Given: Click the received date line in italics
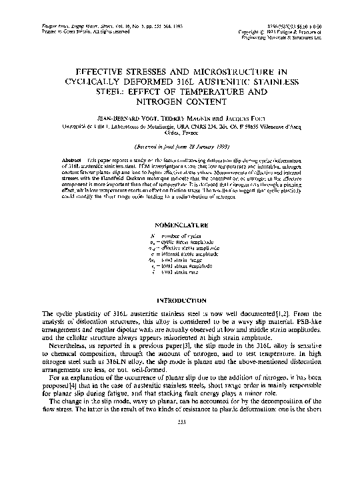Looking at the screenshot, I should coord(179,145).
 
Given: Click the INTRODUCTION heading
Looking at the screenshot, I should coord(179,300).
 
